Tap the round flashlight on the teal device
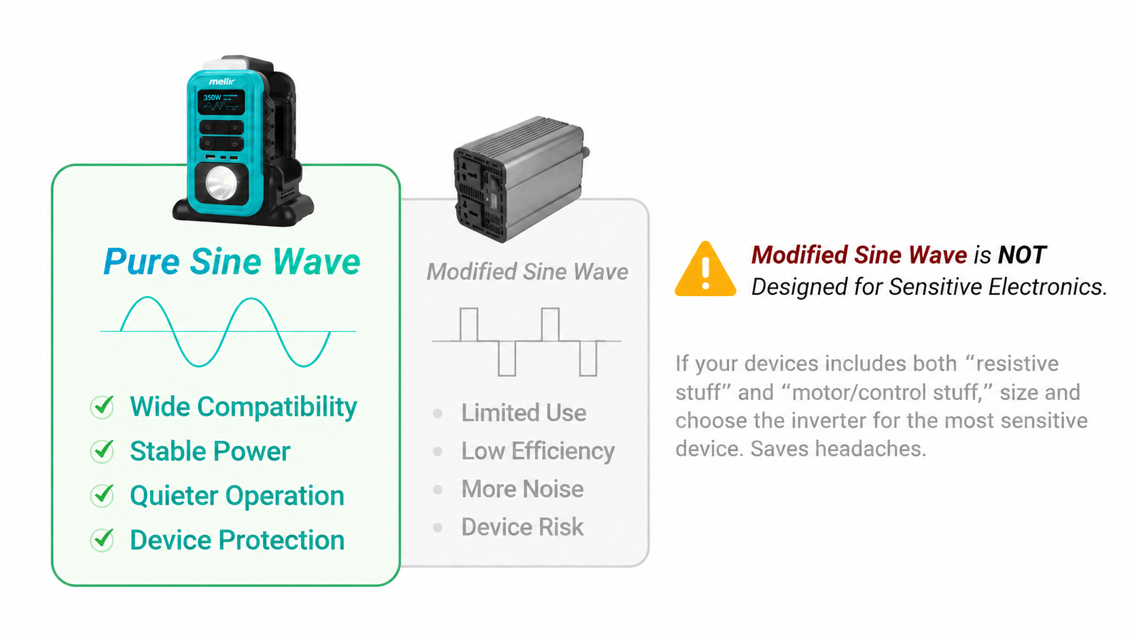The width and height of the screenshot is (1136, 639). click(x=221, y=183)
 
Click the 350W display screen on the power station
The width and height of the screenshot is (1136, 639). click(x=221, y=102)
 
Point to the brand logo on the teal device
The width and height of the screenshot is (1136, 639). click(x=221, y=81)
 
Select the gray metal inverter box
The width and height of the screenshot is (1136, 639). click(x=521, y=179)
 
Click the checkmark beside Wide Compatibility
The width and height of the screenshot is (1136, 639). click(x=103, y=406)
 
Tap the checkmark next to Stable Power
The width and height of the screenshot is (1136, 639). click(x=103, y=451)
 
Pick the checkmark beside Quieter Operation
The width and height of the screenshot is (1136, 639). click(x=103, y=496)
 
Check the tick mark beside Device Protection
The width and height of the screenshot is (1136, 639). click(x=103, y=540)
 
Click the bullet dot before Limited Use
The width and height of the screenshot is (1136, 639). click(x=438, y=414)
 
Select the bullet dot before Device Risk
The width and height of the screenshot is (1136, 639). click(x=438, y=528)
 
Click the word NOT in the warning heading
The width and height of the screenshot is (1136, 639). click(x=1022, y=255)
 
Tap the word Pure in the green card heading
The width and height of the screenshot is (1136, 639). click(x=141, y=262)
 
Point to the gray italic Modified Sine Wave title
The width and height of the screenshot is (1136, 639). click(x=527, y=272)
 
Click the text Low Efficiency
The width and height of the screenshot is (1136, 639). click(x=537, y=451)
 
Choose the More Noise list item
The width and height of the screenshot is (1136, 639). click(x=522, y=489)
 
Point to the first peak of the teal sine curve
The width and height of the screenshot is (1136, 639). click(x=147, y=298)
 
